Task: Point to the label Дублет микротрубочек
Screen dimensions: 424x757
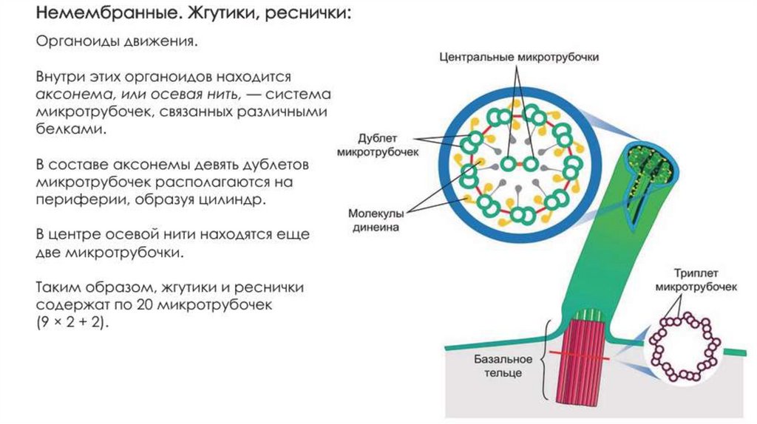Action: (x=377, y=145)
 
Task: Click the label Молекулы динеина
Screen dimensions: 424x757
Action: (x=374, y=221)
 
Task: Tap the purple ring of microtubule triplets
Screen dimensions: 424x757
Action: (x=684, y=345)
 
